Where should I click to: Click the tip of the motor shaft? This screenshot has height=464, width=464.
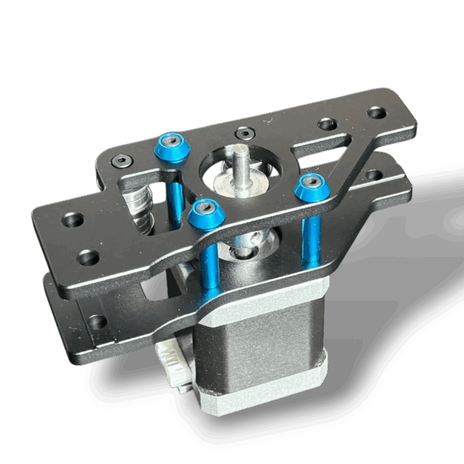click(x=240, y=152)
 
